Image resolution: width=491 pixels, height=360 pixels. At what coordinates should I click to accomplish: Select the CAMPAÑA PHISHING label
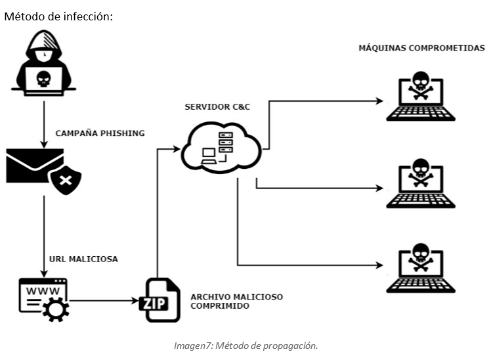coord(100,133)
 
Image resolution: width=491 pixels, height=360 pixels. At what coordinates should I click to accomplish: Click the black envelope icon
coord(36,166)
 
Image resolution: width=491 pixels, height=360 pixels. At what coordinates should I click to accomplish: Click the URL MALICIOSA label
coord(83,259)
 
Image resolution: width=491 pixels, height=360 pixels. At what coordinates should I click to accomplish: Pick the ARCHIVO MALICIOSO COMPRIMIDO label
coord(236,302)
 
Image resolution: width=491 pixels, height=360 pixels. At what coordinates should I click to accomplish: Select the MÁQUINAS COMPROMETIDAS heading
coord(421,48)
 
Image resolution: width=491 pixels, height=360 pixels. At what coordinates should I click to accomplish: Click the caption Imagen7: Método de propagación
coord(245,346)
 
